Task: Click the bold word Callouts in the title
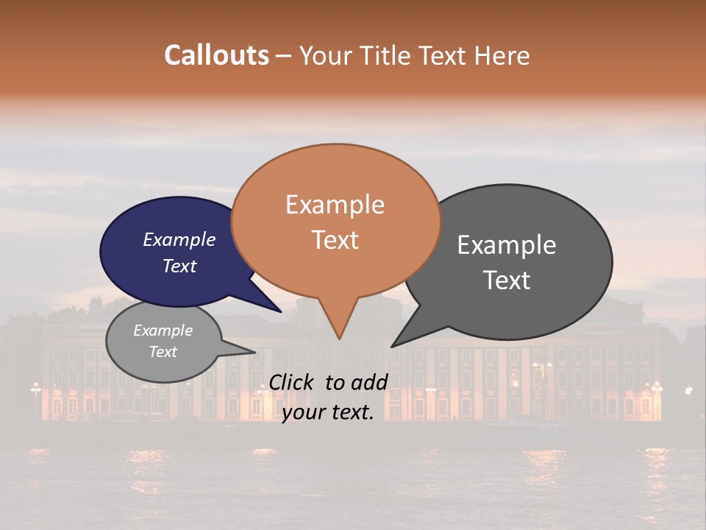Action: pyautogui.click(x=216, y=55)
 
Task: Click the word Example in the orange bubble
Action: pyautogui.click(x=335, y=205)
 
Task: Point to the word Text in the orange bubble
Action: pyautogui.click(x=335, y=240)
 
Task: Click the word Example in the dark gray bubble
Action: pyautogui.click(x=507, y=245)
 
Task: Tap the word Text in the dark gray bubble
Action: pyautogui.click(x=507, y=280)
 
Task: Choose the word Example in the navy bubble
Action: pyautogui.click(x=179, y=239)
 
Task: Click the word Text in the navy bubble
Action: pyautogui.click(x=179, y=266)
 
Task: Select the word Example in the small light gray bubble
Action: pyautogui.click(x=163, y=331)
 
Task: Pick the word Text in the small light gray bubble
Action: pyautogui.click(x=163, y=352)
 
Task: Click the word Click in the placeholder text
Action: pyautogui.click(x=292, y=382)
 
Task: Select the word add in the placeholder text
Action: pyautogui.click(x=369, y=382)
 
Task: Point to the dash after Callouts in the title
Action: pyautogui.click(x=284, y=56)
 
